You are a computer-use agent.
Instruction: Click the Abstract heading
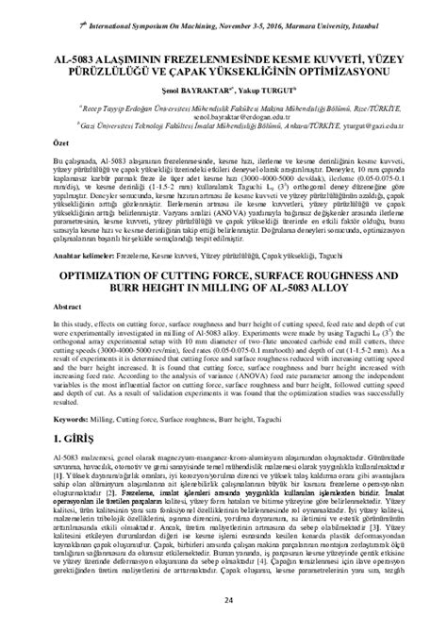tap(41, 308)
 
